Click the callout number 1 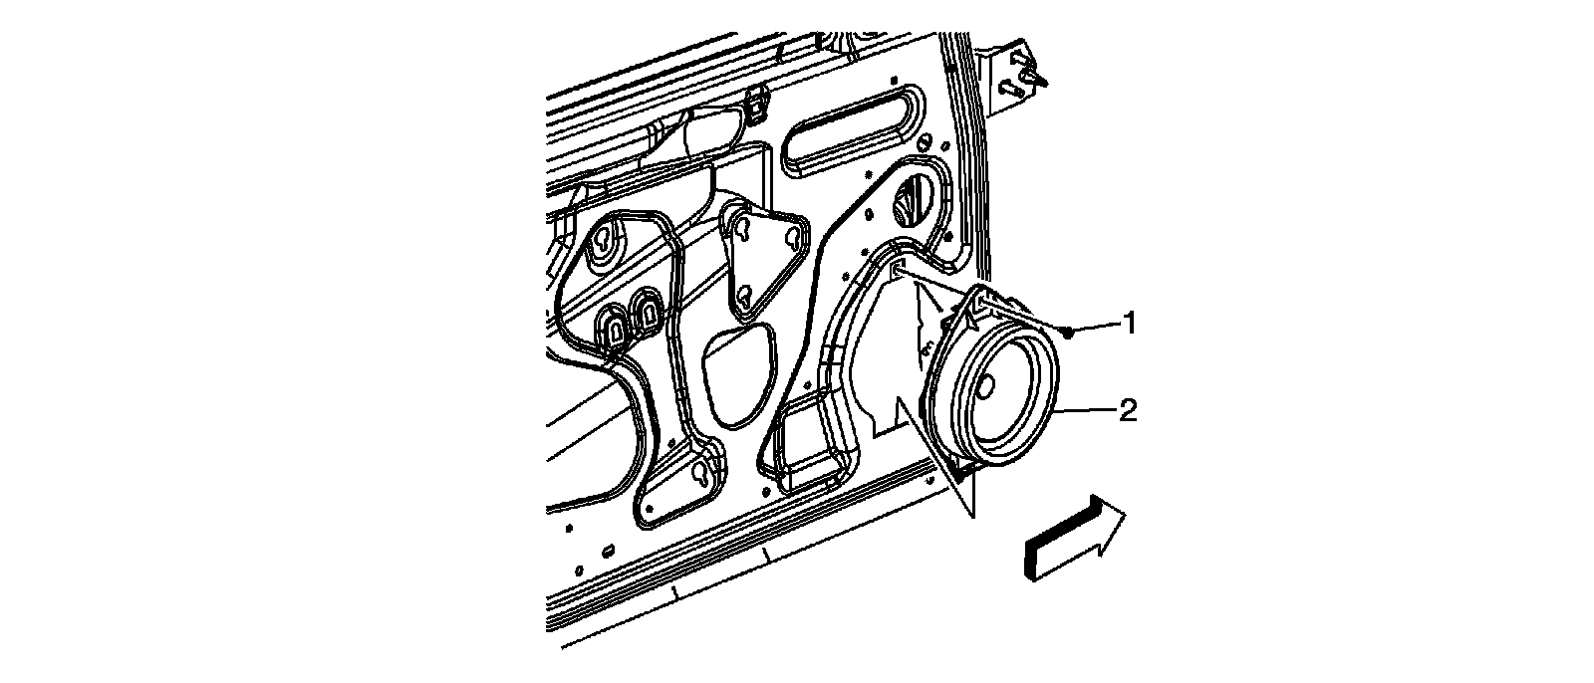[1129, 322]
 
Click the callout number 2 [1128, 410]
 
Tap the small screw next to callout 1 [1068, 332]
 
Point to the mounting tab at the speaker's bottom [964, 465]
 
